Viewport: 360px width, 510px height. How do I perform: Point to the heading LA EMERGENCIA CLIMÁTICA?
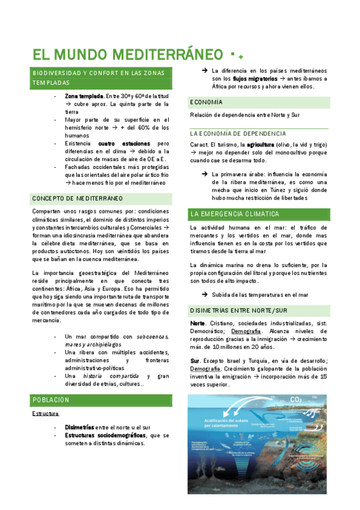click(x=234, y=214)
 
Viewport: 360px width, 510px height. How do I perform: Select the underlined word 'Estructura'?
click(x=45, y=414)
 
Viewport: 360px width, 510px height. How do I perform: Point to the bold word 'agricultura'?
click(x=260, y=145)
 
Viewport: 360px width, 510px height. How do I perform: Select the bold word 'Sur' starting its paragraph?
click(x=194, y=360)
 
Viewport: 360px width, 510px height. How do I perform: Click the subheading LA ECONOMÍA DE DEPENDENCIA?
click(x=238, y=134)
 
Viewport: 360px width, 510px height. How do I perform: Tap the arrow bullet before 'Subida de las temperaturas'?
click(x=205, y=295)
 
